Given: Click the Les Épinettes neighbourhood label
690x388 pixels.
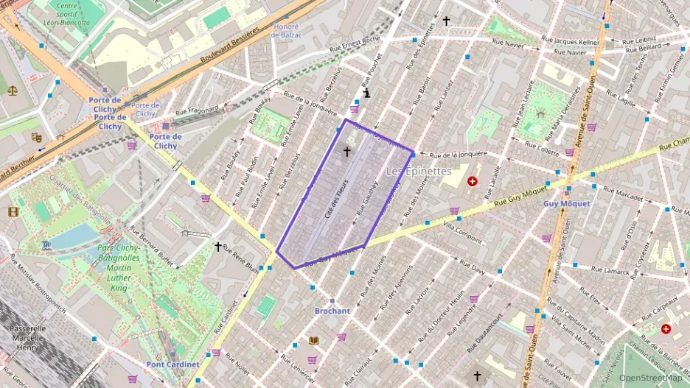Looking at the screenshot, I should click(419, 171).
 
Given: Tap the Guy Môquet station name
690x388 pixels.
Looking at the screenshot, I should click(566, 204).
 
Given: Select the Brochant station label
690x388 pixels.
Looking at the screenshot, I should click(332, 311).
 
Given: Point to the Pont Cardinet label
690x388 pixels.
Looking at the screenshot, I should click(172, 364).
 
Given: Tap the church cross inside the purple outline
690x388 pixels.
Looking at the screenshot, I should click(346, 152).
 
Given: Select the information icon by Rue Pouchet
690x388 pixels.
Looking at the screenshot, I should click(366, 94).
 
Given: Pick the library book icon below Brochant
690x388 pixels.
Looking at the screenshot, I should click(314, 340).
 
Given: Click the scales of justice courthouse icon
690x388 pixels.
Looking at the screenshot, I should click(13, 91).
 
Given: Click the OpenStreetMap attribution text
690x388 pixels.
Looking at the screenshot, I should click(650, 378).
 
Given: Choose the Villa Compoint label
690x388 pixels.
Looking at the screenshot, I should click(463, 233).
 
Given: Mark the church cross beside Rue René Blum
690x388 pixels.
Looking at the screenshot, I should click(217, 246).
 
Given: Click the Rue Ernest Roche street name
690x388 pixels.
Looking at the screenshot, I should click(357, 45).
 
